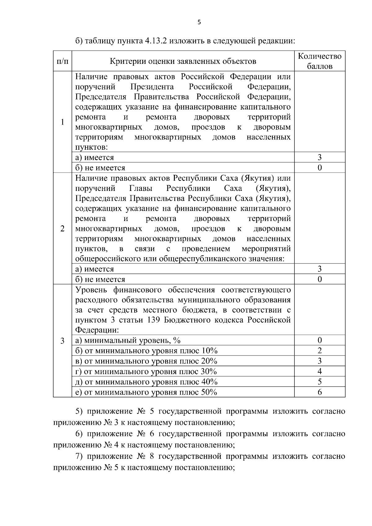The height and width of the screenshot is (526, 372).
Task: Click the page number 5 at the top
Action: pos(199,22)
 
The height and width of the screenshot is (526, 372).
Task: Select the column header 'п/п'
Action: pos(63,61)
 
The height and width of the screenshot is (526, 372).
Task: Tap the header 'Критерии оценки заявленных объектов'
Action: pos(183,61)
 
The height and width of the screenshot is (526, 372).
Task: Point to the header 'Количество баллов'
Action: pos(320,61)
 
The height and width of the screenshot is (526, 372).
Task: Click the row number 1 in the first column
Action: pos(63,122)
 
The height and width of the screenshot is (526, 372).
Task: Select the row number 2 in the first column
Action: pos(63,228)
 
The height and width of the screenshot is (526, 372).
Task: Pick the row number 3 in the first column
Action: pos(63,341)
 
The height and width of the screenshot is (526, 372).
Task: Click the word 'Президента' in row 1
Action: pos(152,87)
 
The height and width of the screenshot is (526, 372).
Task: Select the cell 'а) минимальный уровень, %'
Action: pos(128,340)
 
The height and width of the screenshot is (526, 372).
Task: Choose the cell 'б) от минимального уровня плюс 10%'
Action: pos(146,351)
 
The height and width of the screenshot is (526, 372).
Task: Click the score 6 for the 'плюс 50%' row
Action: pos(320,392)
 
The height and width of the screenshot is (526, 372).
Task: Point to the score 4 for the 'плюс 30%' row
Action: pos(320,371)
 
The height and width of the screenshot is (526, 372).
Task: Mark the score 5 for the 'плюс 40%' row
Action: pos(320,382)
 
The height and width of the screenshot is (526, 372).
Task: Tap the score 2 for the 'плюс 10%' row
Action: pos(320,351)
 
